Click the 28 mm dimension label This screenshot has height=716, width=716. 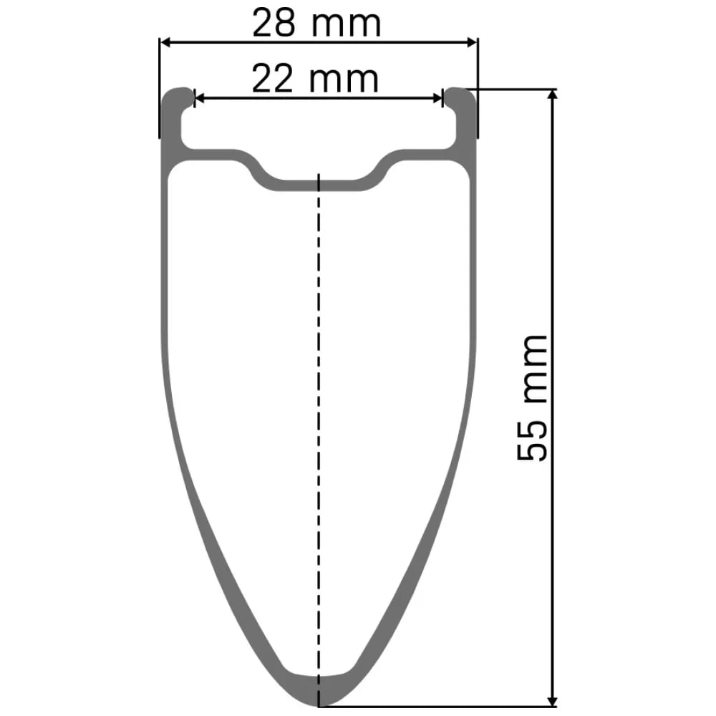coord(316,24)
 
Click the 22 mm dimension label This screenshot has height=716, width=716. coord(315,79)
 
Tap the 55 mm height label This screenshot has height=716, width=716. coord(532,397)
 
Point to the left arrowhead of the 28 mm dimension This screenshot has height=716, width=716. coord(166,42)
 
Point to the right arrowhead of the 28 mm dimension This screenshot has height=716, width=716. coord(471,42)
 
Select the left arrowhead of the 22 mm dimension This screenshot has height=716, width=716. coord(200,97)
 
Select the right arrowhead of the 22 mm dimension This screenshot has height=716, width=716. coord(437,97)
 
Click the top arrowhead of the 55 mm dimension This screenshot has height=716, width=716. coord(553,95)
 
